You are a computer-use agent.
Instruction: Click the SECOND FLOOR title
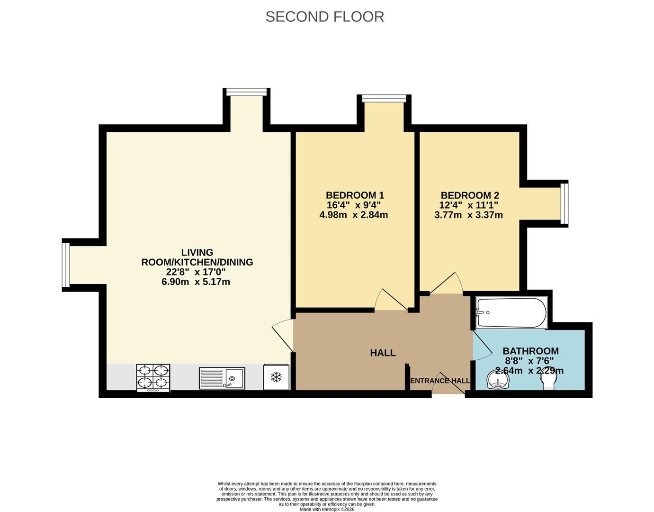point(324,17)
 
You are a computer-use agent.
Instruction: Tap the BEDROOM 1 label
point(355,195)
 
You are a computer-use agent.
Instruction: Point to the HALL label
point(383,353)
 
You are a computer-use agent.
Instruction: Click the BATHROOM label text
point(530,351)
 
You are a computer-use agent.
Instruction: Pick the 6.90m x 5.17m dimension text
point(196,282)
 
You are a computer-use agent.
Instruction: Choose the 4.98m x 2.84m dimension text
point(353,215)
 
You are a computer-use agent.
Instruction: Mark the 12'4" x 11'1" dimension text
point(468,205)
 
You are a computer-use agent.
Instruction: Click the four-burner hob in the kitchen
point(153,378)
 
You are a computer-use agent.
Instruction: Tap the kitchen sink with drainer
point(222,378)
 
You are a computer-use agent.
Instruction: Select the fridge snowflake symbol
point(276,377)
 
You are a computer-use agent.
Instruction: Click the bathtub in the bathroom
point(511,312)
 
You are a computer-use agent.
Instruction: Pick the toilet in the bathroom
point(548,381)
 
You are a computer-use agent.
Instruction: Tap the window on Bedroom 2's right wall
point(564,203)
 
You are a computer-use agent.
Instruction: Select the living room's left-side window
point(66,265)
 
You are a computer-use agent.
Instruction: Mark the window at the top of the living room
point(246,92)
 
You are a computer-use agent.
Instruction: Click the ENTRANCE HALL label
point(440,381)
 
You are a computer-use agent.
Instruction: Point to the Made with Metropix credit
point(327,509)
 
